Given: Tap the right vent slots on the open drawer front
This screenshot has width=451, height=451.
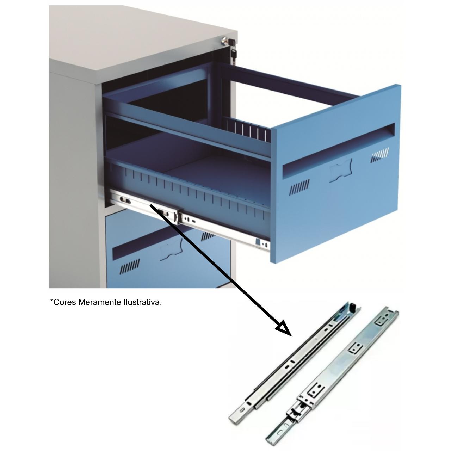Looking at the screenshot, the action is tap(379, 154).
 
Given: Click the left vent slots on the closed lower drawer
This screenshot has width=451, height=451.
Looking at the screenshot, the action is tap(130, 266).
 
